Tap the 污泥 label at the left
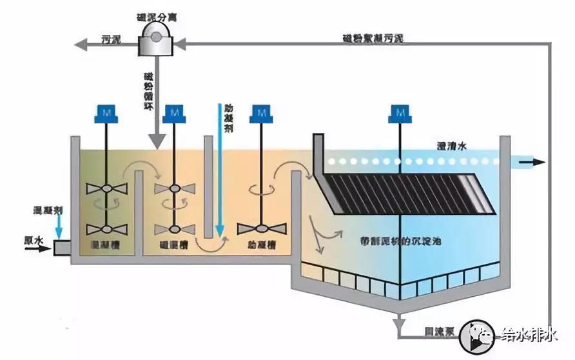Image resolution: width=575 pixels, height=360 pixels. pyautogui.click(x=111, y=40)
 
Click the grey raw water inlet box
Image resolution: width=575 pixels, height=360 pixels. pyautogui.click(x=61, y=247)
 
